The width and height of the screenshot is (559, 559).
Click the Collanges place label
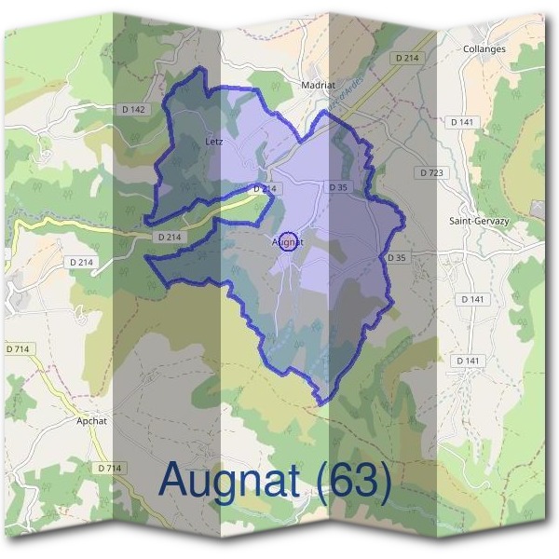pos(484,48)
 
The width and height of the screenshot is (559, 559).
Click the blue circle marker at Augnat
pos(289,241)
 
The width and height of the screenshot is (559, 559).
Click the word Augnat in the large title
pos(229,481)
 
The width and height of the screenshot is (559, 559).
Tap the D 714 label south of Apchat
pos(109,468)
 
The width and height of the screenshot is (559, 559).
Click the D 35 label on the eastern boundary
pos(396,257)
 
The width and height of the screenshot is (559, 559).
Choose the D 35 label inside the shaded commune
pos(337,187)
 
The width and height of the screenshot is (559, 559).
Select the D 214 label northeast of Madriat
pos(407,58)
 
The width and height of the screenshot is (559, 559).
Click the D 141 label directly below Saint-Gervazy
pos(472,299)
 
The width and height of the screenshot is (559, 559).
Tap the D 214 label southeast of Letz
pos(265,188)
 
